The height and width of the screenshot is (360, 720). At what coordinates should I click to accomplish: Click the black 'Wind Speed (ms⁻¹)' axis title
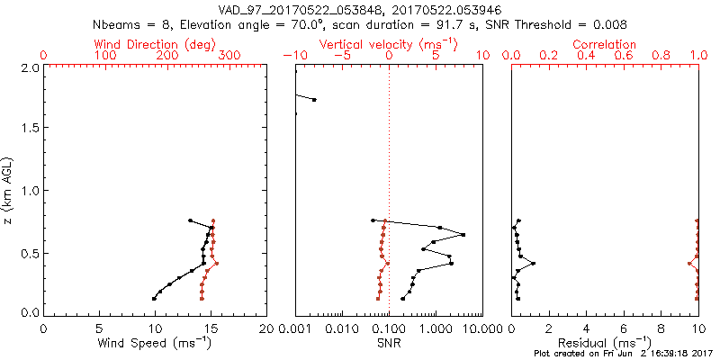point(156,343)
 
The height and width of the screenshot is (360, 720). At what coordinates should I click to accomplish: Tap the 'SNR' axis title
point(389,343)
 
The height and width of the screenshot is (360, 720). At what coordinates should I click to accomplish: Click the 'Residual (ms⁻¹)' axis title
point(605,343)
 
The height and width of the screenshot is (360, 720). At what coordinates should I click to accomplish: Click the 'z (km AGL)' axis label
point(8,188)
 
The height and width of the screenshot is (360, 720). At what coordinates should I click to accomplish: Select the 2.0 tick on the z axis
point(29,67)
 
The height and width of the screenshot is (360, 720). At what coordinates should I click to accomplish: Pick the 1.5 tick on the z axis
point(29,129)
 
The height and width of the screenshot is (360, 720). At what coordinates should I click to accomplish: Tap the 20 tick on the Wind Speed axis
point(266,328)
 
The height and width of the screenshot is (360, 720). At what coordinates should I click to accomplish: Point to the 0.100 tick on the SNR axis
point(389,328)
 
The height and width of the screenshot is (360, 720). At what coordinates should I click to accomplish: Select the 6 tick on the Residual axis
point(624,328)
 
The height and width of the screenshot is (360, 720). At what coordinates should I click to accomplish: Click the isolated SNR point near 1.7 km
point(314,100)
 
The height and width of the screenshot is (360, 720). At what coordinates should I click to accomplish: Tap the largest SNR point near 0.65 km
point(463,235)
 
